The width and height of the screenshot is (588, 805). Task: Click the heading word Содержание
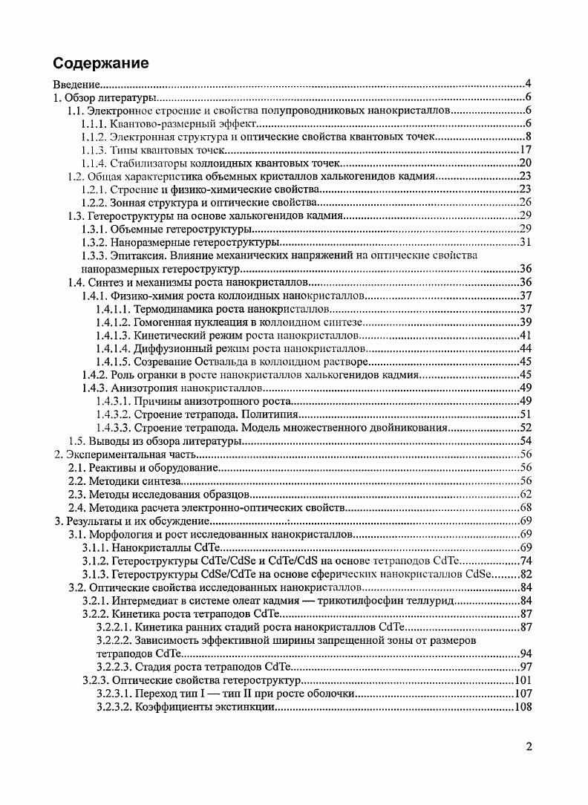(x=101, y=62)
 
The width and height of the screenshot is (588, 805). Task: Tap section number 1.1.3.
(x=95, y=150)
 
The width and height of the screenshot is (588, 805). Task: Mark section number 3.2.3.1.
(x=113, y=693)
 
